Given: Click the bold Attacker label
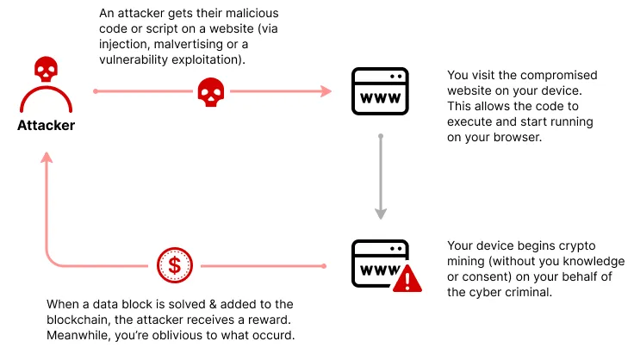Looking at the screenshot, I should (x=46, y=127).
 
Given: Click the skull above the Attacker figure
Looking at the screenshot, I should (x=46, y=69).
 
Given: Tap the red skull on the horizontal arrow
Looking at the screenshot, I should (x=211, y=90).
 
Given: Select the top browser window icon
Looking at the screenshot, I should (x=377, y=90).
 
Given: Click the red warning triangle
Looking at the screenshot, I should (x=407, y=279).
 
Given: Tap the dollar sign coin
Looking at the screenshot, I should (x=173, y=265).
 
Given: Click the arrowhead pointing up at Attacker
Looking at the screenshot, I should (x=46, y=158).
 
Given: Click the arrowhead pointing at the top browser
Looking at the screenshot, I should (x=326, y=90).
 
